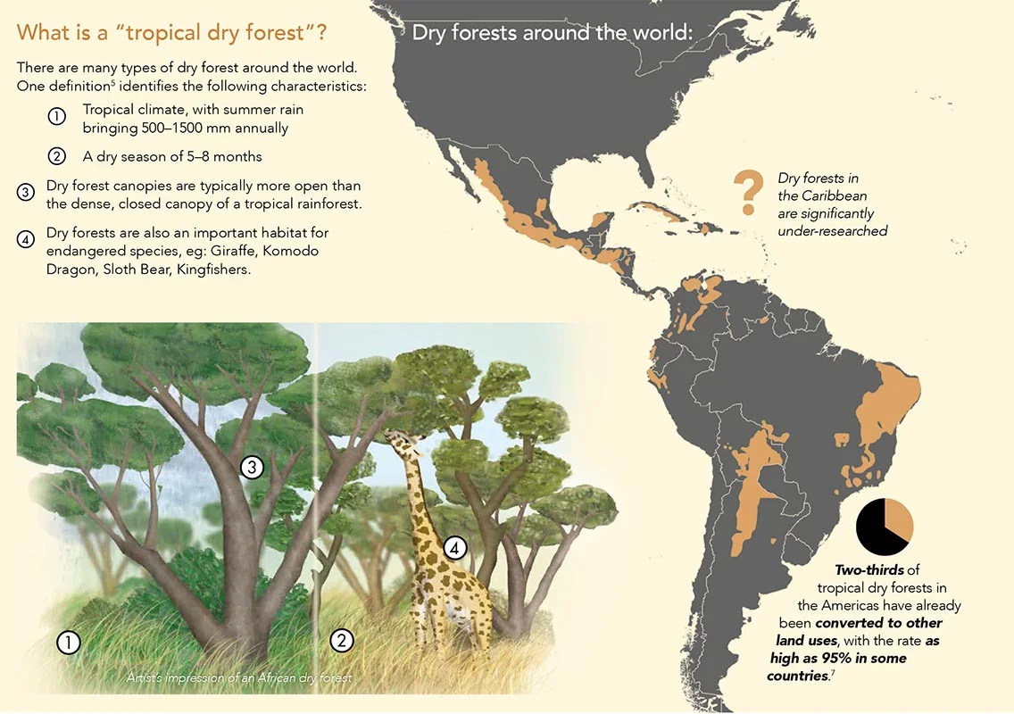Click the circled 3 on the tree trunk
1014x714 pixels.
tap(252, 467)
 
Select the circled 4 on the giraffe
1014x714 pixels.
tap(454, 549)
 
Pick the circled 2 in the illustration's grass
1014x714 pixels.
tap(341, 640)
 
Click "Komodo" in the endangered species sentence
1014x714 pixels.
tap(292, 251)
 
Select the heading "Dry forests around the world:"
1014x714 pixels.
tap(552, 34)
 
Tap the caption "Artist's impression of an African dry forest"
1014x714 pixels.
tap(238, 678)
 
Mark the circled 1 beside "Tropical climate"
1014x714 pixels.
tap(56, 118)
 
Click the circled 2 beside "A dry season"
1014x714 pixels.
tap(56, 157)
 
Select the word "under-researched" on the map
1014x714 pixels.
tap(832, 231)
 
